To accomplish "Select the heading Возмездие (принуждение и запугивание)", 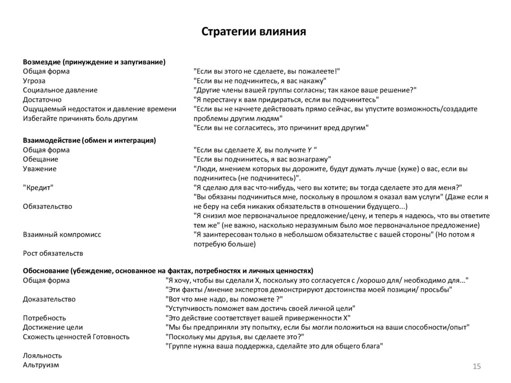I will [x=94, y=61].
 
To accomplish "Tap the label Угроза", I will [x=34, y=80].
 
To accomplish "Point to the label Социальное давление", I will [x=60, y=90].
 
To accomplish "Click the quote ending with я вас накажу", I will [x=260, y=80].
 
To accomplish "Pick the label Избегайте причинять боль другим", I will [x=80, y=118].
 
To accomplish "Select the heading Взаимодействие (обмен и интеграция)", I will [x=89, y=140].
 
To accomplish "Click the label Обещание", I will [x=40, y=159].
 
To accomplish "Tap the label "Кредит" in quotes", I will [x=38, y=187].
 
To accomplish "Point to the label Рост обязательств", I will [x=53, y=253].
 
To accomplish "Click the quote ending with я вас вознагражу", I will [x=262, y=159].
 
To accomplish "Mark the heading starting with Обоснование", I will [x=168, y=271].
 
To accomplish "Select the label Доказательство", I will [x=49, y=299].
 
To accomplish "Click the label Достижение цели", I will [x=53, y=328].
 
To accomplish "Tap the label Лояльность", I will [x=42, y=356].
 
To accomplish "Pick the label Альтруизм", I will [x=41, y=365].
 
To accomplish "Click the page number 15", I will [x=476, y=367].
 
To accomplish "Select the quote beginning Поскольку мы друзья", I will [x=234, y=337].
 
